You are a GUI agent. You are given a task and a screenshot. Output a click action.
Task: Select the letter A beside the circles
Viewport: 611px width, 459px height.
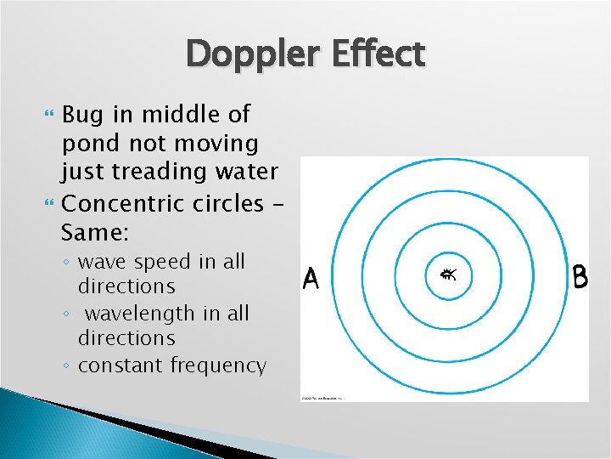[x=311, y=279]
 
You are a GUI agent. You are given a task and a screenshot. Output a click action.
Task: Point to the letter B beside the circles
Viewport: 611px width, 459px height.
[x=580, y=278]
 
